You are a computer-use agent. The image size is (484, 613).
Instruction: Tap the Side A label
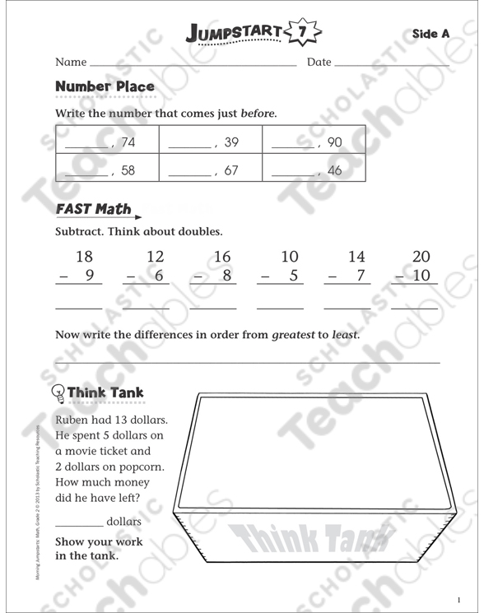tap(430, 34)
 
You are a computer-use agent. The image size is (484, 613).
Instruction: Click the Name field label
tap(71, 63)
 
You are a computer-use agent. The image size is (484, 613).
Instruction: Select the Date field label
tap(319, 63)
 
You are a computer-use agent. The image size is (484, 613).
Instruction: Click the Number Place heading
tap(105, 86)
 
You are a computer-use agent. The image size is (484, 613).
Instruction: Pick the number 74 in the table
tap(128, 142)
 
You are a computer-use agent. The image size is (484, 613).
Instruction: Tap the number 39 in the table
tap(231, 142)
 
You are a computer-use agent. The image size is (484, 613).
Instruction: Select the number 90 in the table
tap(334, 142)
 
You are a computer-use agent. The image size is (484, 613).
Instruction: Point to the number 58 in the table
tap(128, 170)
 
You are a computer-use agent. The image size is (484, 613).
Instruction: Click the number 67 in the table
tap(231, 170)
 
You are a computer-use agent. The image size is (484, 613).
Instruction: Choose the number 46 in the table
tap(334, 170)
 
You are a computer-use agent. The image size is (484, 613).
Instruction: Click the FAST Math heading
tap(92, 210)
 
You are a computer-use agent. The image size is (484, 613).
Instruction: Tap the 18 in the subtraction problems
tap(84, 257)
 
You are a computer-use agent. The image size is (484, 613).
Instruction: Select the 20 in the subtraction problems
tap(421, 257)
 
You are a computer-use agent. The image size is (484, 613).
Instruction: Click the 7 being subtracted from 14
tap(361, 276)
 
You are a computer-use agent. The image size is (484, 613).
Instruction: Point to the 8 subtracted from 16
tap(226, 276)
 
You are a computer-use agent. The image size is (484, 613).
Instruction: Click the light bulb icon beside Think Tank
tap(58, 392)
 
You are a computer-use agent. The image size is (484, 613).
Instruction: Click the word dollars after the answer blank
tap(123, 522)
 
